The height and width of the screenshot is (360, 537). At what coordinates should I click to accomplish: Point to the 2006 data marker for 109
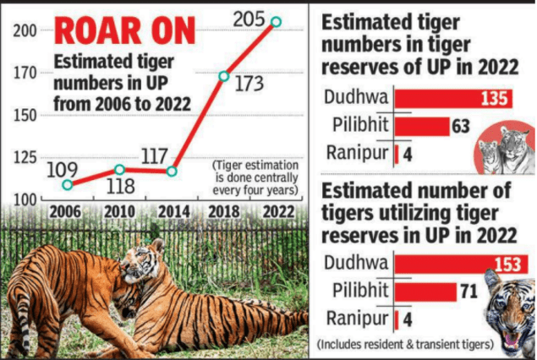point(67,184)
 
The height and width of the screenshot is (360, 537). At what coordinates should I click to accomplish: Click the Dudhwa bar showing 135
point(454,98)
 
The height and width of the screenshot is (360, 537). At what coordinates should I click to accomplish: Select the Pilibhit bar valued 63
point(422,127)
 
